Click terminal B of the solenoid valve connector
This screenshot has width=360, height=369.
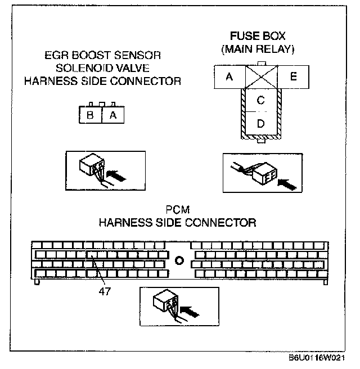(x=90, y=115)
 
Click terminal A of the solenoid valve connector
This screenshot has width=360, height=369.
(x=112, y=115)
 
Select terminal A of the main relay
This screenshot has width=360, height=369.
(x=229, y=77)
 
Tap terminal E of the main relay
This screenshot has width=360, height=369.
(x=293, y=77)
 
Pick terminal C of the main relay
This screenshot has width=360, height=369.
(x=260, y=101)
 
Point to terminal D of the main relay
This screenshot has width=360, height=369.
(x=260, y=124)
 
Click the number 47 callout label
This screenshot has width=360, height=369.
(x=103, y=291)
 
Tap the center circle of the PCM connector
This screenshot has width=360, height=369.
(x=179, y=260)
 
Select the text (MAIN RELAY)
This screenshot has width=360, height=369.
(x=258, y=49)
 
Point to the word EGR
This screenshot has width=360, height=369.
(x=55, y=56)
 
